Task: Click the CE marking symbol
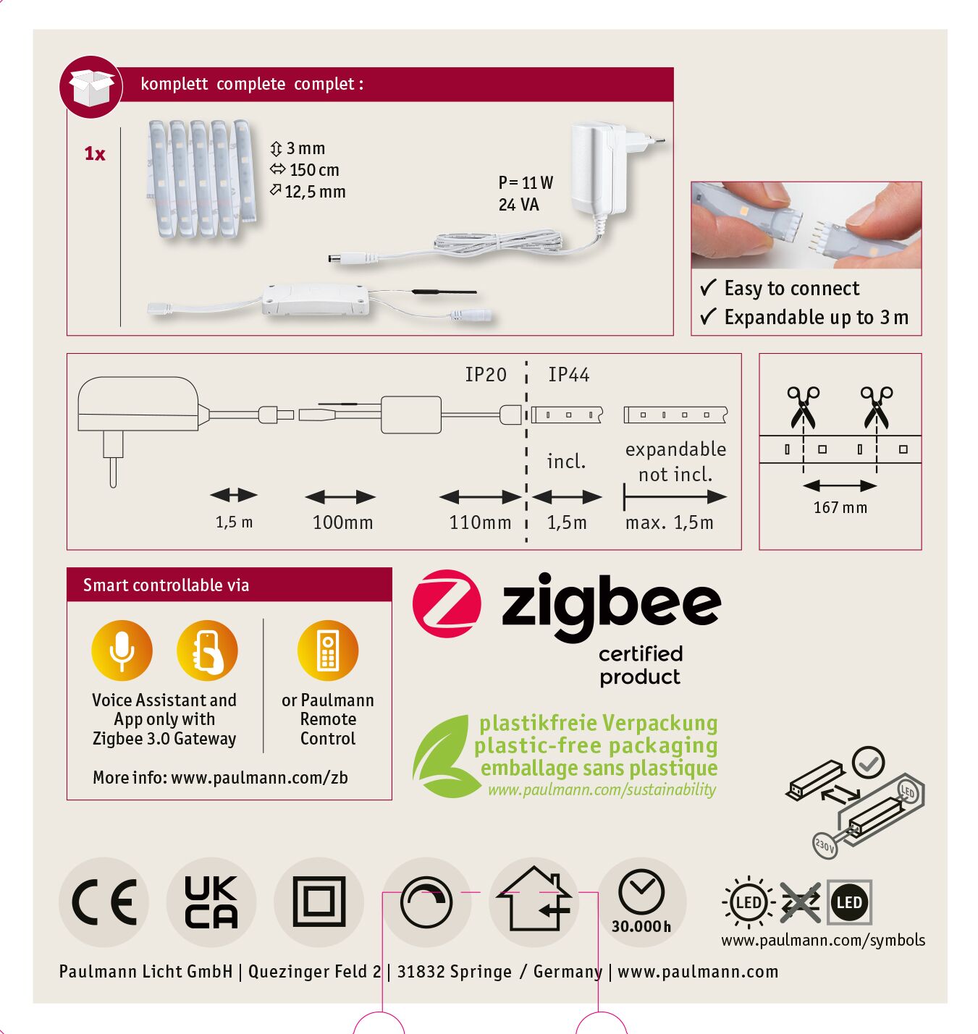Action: pos(104,902)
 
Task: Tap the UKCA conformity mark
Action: pos(211,902)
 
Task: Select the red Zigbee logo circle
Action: pos(447,603)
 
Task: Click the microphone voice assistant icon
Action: pos(122,651)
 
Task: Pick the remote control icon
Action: pos(327,651)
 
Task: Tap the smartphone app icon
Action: pos(207,651)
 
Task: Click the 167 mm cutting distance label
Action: pos(840,507)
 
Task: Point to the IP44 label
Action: pos(568,375)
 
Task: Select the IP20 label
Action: pos(485,375)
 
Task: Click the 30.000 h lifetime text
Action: pos(641,927)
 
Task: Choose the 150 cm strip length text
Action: pos(314,170)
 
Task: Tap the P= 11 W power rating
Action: pos(526,182)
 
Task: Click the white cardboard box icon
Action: pos(91,88)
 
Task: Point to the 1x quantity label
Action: pos(95,153)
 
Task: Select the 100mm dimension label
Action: pos(342,522)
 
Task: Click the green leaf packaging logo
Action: pos(441,755)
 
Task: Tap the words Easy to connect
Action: pos(792,288)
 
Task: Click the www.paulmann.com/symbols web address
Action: pos(822,940)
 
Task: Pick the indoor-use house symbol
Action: pos(534,898)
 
